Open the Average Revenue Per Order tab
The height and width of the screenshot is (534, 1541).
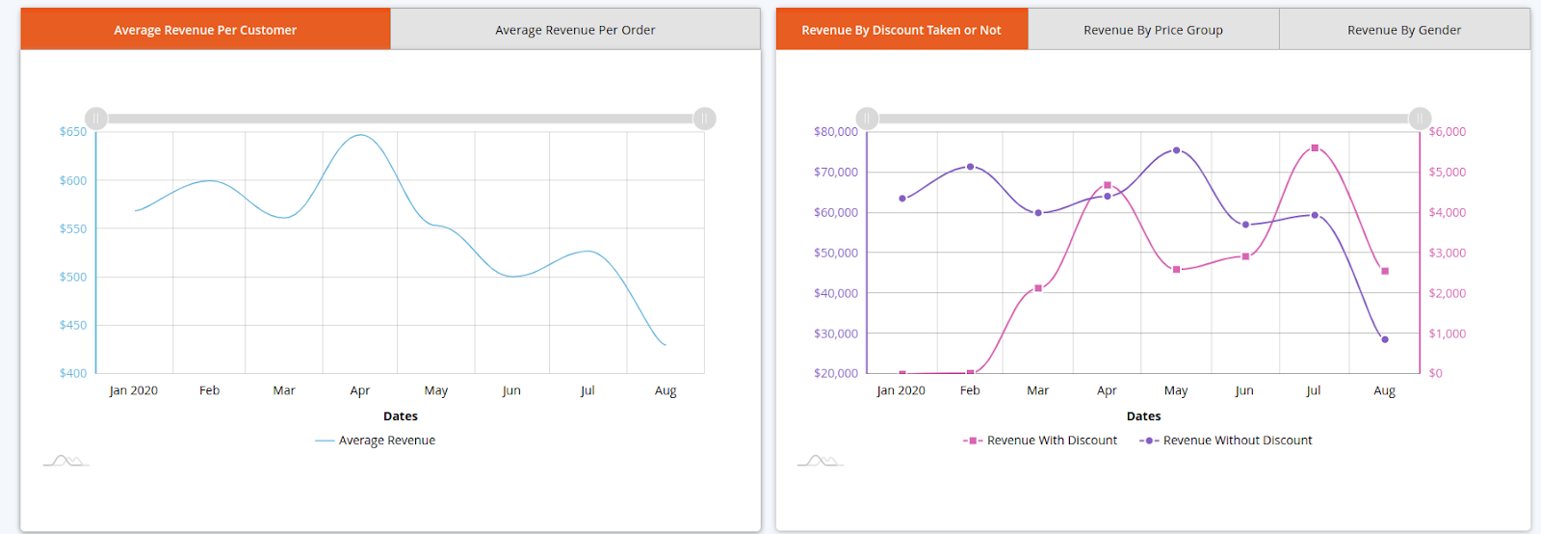(x=575, y=30)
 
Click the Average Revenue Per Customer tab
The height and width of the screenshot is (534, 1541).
(x=205, y=30)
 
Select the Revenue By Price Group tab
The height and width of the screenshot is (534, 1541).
(x=1153, y=30)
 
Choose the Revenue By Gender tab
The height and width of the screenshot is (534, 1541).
(x=1403, y=30)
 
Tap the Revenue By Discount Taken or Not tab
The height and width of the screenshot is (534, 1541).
(x=901, y=30)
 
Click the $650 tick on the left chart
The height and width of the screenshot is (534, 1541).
(x=73, y=132)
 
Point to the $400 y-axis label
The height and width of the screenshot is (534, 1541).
(x=73, y=373)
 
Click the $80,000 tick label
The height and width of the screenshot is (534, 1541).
(x=835, y=132)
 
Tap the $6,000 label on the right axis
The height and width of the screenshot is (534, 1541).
(x=1447, y=132)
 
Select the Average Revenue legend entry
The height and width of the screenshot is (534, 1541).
(x=386, y=441)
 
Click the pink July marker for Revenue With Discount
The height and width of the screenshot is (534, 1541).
(x=1315, y=148)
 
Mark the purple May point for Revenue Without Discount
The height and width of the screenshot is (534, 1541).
(x=1176, y=150)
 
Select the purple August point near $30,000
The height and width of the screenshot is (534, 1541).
(x=1385, y=339)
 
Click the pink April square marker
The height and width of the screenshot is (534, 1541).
(x=1108, y=185)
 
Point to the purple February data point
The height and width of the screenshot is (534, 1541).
(x=970, y=167)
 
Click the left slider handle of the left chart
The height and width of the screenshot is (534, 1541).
(x=96, y=119)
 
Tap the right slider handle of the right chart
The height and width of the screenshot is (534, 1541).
(x=1420, y=119)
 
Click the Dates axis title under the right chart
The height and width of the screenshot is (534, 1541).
(x=1143, y=416)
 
